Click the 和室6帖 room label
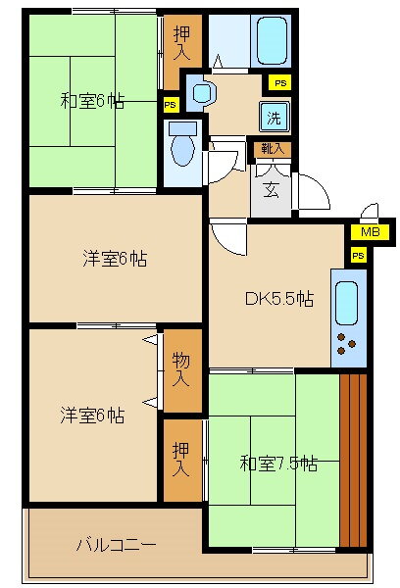click(x=94, y=101)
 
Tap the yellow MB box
click(x=370, y=232)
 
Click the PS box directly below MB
click(x=359, y=256)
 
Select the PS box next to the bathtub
click(x=280, y=83)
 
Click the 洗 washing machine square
click(x=275, y=117)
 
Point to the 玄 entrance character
click(x=270, y=190)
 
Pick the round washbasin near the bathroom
click(x=203, y=91)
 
